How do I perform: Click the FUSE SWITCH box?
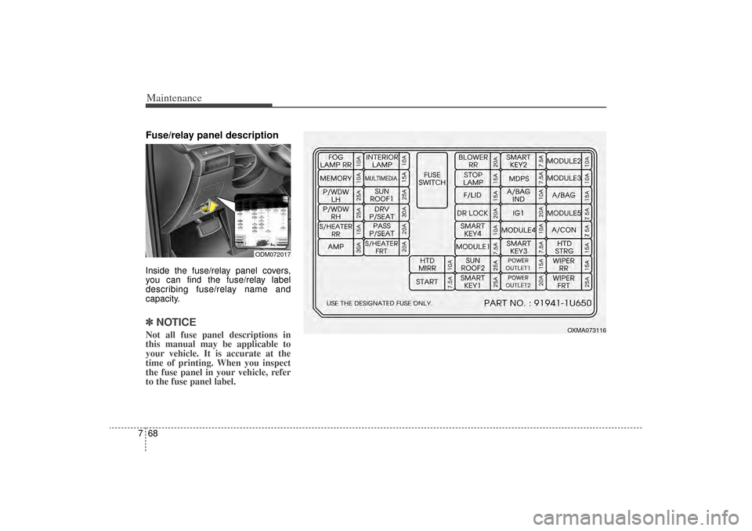(432, 179)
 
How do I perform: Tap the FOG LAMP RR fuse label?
(335, 161)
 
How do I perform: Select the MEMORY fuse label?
(335, 179)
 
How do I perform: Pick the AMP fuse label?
(335, 247)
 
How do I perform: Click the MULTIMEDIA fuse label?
(381, 179)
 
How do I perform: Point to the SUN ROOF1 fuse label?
(381, 195)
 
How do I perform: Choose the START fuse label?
(428, 281)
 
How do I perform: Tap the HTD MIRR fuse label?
(428, 264)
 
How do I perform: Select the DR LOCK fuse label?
(472, 212)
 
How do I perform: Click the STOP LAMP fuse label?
(472, 178)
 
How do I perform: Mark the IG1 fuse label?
(518, 212)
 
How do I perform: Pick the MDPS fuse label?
(518, 178)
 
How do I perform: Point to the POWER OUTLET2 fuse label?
(518, 281)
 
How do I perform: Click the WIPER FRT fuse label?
(563, 281)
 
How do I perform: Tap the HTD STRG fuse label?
(563, 247)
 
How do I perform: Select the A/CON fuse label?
(563, 229)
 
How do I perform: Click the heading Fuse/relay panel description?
(211, 135)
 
